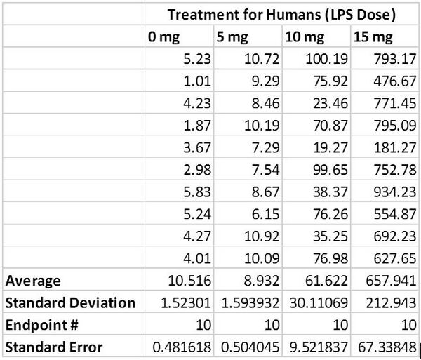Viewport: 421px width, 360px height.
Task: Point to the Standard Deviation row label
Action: tap(70, 302)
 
